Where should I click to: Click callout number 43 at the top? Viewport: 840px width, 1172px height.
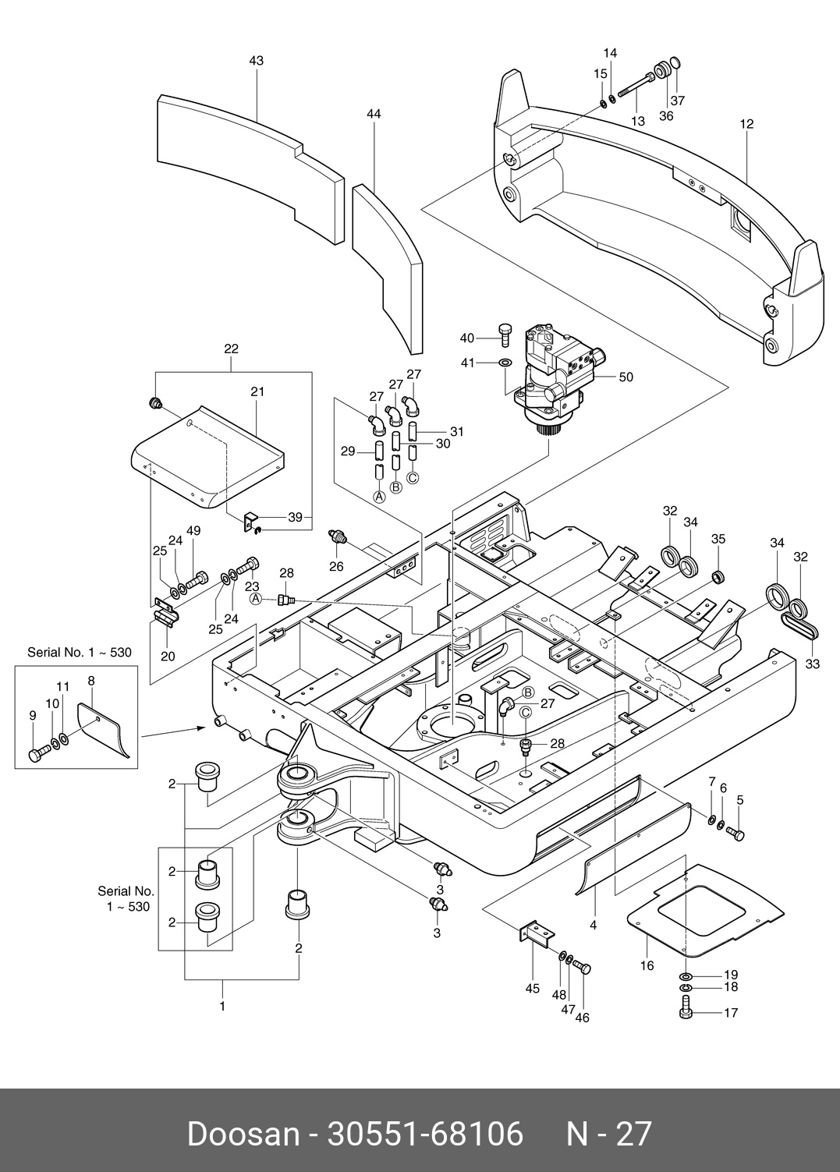(256, 61)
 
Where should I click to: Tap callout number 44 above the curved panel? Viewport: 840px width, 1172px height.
(374, 114)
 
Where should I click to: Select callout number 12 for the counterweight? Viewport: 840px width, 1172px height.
(747, 123)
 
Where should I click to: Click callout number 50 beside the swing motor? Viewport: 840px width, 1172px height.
(626, 377)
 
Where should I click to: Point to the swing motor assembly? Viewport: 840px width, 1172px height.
(558, 374)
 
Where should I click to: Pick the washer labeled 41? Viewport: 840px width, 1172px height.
(505, 363)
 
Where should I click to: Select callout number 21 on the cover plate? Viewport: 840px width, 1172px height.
(257, 392)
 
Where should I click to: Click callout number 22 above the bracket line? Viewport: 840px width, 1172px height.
(231, 349)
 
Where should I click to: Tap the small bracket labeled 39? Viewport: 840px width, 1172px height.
(251, 519)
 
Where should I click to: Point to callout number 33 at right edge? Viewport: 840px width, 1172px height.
(813, 664)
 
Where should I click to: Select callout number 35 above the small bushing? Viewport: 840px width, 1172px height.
(718, 539)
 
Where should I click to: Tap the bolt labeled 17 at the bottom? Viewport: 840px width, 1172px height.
(685, 1012)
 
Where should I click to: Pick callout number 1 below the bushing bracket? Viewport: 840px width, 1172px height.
(222, 1007)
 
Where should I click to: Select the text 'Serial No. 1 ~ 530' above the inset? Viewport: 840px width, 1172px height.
(80, 652)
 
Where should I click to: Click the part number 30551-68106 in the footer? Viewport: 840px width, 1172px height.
(425, 1133)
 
